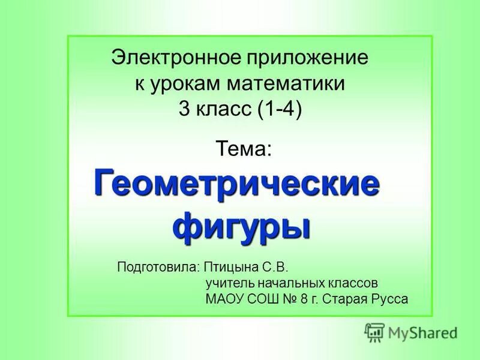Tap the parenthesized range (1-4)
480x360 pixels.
click(x=279, y=109)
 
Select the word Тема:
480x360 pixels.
click(x=244, y=147)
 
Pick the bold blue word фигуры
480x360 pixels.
click(x=241, y=225)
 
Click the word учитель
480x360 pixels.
click(x=226, y=282)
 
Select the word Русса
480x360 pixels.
click(x=390, y=298)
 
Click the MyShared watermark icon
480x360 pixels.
click(x=374, y=331)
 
